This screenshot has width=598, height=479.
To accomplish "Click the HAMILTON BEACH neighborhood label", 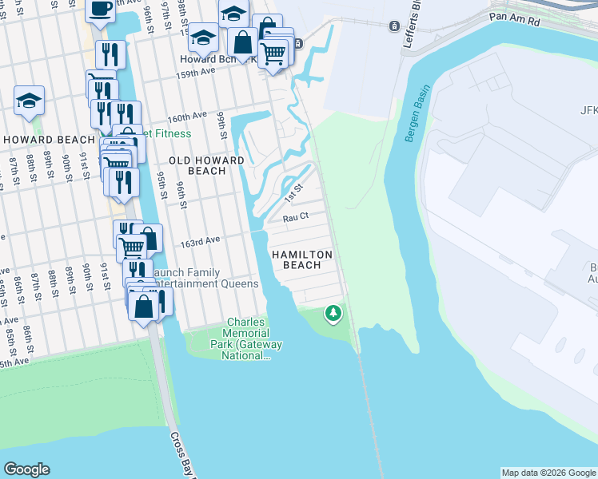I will point(301,259).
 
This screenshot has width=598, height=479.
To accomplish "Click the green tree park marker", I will point(333,313).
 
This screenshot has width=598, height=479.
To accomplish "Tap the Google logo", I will point(27,469).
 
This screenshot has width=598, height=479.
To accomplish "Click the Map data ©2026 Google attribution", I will point(548,473).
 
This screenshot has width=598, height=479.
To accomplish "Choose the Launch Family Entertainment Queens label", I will point(206,278).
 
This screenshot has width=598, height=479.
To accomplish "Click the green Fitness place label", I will point(167,133).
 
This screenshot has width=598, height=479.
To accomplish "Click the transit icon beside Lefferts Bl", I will point(393,26).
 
